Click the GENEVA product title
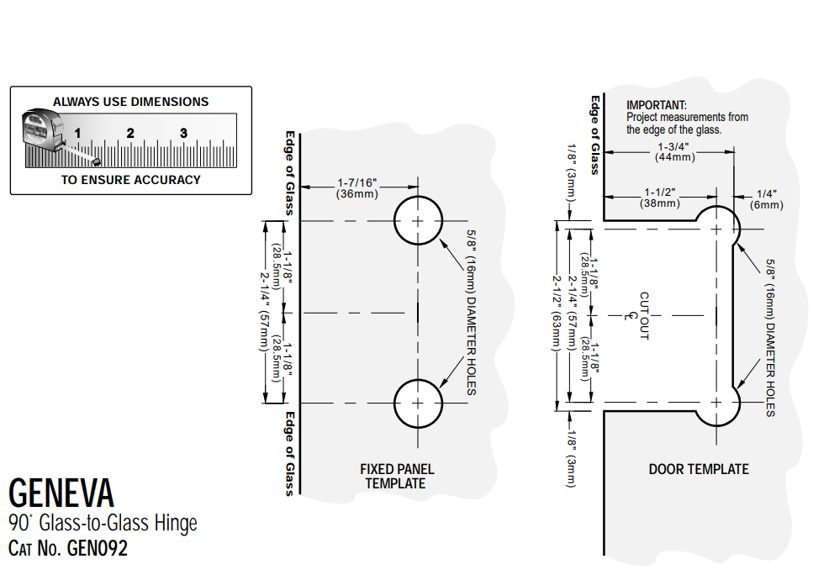(x=61, y=492)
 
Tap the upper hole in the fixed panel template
(x=419, y=220)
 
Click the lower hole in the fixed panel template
(x=419, y=403)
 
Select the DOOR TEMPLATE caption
(x=698, y=469)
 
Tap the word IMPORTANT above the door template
(x=657, y=105)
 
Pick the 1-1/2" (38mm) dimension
(x=661, y=198)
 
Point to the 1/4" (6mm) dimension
(x=766, y=198)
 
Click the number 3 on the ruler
(x=183, y=132)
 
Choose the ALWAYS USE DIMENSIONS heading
(x=130, y=102)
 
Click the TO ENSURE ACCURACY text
(x=130, y=179)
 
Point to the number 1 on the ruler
(x=77, y=132)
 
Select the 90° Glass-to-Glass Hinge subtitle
(x=103, y=523)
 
